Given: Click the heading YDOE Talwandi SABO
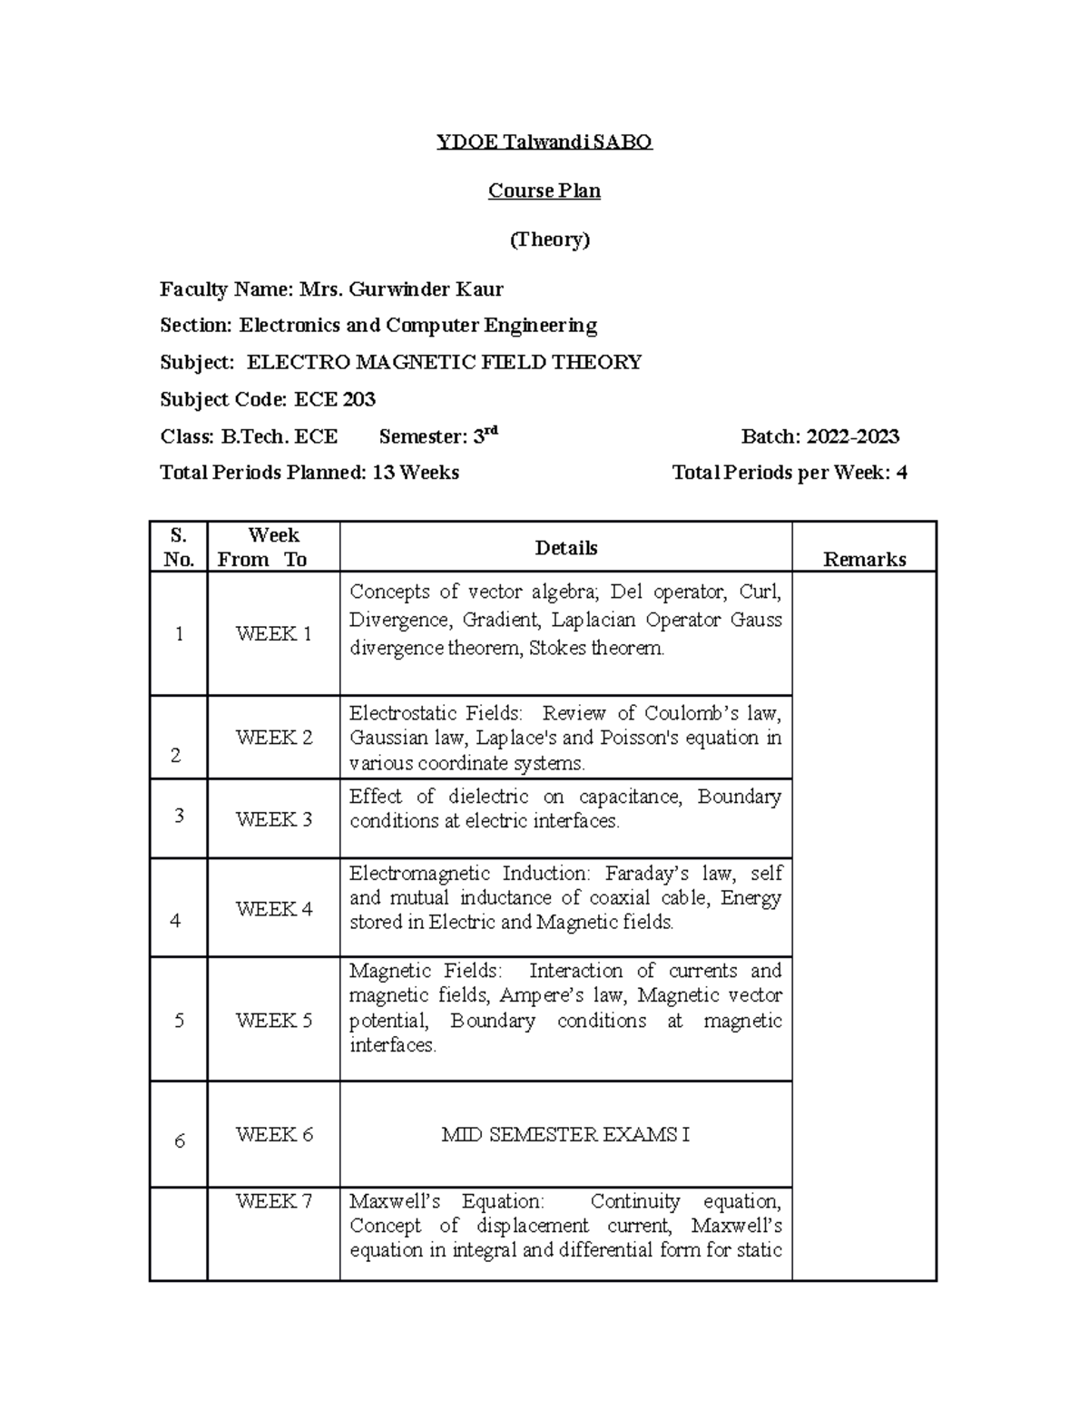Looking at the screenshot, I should point(544,142).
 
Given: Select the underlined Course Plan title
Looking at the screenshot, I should point(544,191).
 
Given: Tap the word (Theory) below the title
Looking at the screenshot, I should point(549,240).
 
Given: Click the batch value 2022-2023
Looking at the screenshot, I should point(853,436).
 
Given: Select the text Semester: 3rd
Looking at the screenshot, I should point(438,436).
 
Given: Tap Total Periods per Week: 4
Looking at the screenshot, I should point(789,473).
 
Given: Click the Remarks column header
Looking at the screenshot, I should point(864,559).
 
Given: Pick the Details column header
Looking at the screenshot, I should point(565,548).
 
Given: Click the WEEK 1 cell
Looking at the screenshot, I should point(273,634).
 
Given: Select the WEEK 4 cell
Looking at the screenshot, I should point(273,909).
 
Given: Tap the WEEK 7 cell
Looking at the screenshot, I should point(273,1201).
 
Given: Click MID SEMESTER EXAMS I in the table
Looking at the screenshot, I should point(565,1135).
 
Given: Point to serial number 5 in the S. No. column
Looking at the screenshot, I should point(179,1021).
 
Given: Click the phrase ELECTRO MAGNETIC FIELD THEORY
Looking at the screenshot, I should point(444,363).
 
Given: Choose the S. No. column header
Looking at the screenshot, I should point(179,547).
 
